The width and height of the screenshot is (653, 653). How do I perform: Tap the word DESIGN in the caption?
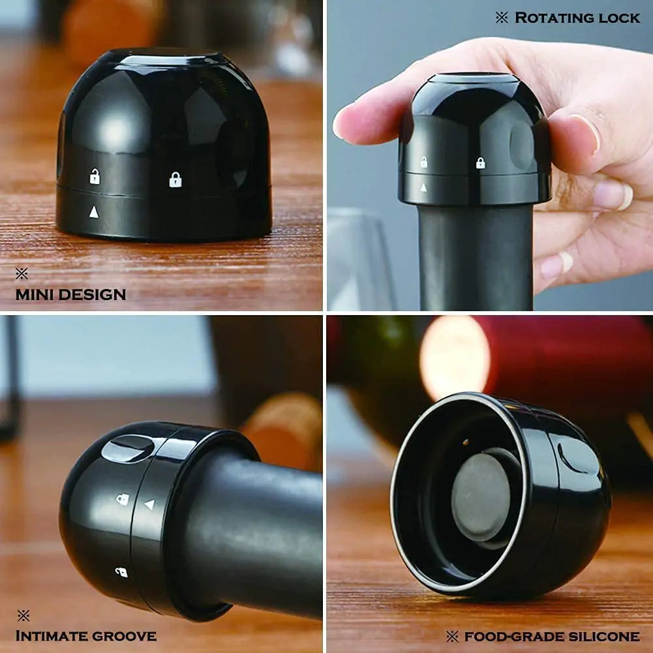(91, 294)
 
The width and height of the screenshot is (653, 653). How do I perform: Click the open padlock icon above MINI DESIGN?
(95, 176)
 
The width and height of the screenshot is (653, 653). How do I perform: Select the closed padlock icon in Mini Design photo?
(175, 179)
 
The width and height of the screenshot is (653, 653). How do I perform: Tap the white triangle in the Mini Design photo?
(94, 211)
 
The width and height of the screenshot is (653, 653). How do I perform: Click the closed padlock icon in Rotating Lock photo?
(481, 163)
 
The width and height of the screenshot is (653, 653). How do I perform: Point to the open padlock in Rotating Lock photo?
(424, 162)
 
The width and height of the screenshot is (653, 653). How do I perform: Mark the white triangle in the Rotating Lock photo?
(423, 188)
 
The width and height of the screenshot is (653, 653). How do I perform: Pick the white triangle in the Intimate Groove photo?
(149, 504)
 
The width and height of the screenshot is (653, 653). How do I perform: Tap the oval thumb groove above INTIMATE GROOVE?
(128, 449)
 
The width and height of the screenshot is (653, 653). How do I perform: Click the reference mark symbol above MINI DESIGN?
(22, 273)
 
